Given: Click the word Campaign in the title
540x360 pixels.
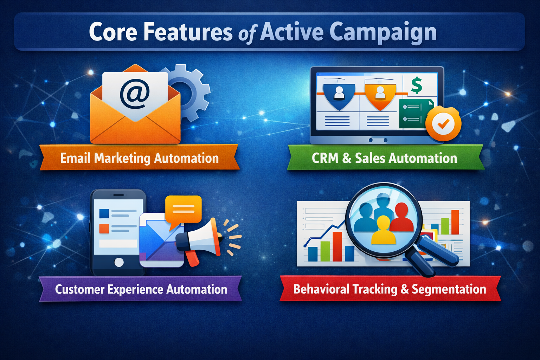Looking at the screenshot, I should coord(383,32).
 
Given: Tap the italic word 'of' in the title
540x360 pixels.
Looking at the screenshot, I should coord(247,34).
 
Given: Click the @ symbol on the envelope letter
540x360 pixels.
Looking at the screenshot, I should coord(135,94).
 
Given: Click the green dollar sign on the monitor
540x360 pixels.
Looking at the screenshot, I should coord(417,85).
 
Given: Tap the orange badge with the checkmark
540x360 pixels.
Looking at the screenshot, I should coord(443,124).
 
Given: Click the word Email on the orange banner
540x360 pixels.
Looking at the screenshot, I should coord(75,158).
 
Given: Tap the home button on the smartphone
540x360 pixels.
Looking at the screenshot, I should coord(119,262).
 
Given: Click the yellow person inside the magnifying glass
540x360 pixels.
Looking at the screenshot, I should coord(383,232).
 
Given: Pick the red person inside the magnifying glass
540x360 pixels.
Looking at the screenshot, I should coord(402,218).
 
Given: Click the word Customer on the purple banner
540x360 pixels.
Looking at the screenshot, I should coord(80,289).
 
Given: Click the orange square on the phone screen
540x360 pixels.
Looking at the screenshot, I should coord(104,229).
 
